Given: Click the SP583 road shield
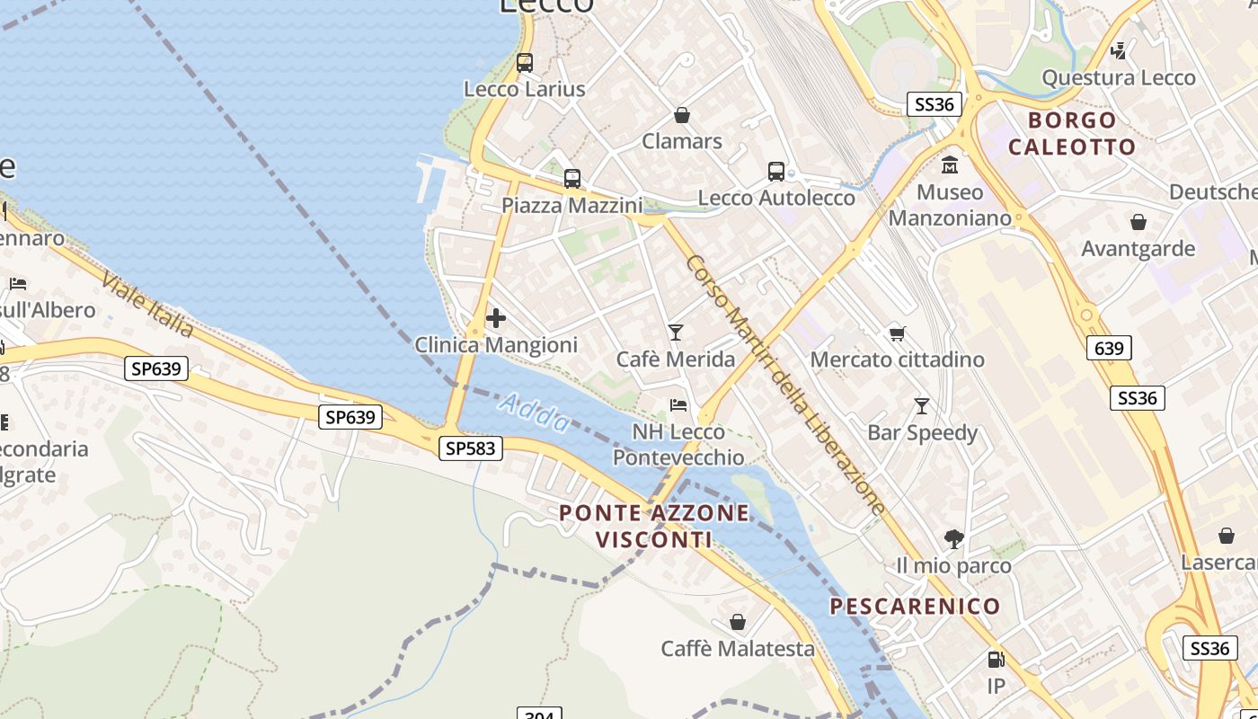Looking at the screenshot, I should pos(471,448).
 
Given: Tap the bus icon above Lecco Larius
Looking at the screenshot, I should pos(525,63).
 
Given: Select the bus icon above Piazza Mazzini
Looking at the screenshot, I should pos(572,179).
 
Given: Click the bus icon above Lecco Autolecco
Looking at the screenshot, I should pos(776,172).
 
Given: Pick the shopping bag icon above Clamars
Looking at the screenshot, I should pos(682,115).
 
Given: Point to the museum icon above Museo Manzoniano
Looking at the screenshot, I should pos(950,165).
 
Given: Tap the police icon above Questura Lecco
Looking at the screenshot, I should pos(1119,50).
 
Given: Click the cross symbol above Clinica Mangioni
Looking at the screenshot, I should pos(495,318).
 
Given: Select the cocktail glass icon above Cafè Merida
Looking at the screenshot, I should pos(676,333).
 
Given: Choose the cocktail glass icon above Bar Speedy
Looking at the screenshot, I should pos(921,406).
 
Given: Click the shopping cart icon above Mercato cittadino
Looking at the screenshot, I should pos(897,333).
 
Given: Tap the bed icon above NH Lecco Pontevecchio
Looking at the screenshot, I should pos(678,405).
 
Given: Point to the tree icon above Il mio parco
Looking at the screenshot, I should pos(954,539).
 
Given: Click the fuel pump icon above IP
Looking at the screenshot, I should pos(996,660).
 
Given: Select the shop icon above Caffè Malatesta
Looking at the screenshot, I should pos(738,622).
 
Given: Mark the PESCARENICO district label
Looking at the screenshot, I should pos(915,606).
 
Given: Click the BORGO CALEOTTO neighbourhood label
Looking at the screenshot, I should pos(1072,133).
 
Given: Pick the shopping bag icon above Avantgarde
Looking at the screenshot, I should pos(1138,222).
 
